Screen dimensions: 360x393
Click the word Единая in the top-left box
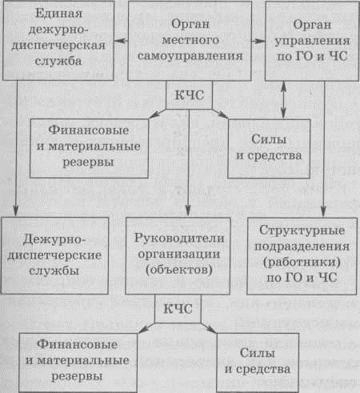pos(58,14)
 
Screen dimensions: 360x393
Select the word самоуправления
pos(190,56)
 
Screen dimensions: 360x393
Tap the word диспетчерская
pos(58,46)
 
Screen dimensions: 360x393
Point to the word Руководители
pos(179,239)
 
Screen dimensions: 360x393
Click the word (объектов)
pos(179,270)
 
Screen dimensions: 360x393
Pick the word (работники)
pos(302,262)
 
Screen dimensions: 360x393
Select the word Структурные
pos(302,231)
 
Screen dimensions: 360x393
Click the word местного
pos(190,40)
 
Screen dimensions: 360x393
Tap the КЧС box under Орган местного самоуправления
pos(190,95)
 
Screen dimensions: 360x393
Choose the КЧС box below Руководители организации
pos(178,309)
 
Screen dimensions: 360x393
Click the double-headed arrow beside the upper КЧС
pos(283,99)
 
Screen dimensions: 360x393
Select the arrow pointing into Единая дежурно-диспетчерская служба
pos(121,41)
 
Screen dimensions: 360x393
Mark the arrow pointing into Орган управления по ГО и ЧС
pos(258,41)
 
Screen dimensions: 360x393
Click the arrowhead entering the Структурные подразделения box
pos(323,212)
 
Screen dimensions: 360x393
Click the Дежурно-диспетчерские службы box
pos(54,255)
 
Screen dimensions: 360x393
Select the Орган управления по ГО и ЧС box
pos(312,41)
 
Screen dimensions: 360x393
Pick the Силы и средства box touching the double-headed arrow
pos(269,149)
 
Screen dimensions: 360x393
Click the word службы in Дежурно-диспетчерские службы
pos(54,271)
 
